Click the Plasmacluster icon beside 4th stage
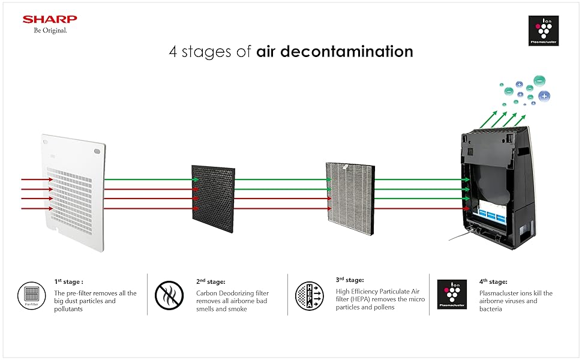[x=449, y=294]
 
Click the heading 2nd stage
[x=211, y=281]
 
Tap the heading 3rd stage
[x=350, y=280]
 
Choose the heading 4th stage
[x=493, y=281]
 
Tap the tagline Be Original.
[x=50, y=31]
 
